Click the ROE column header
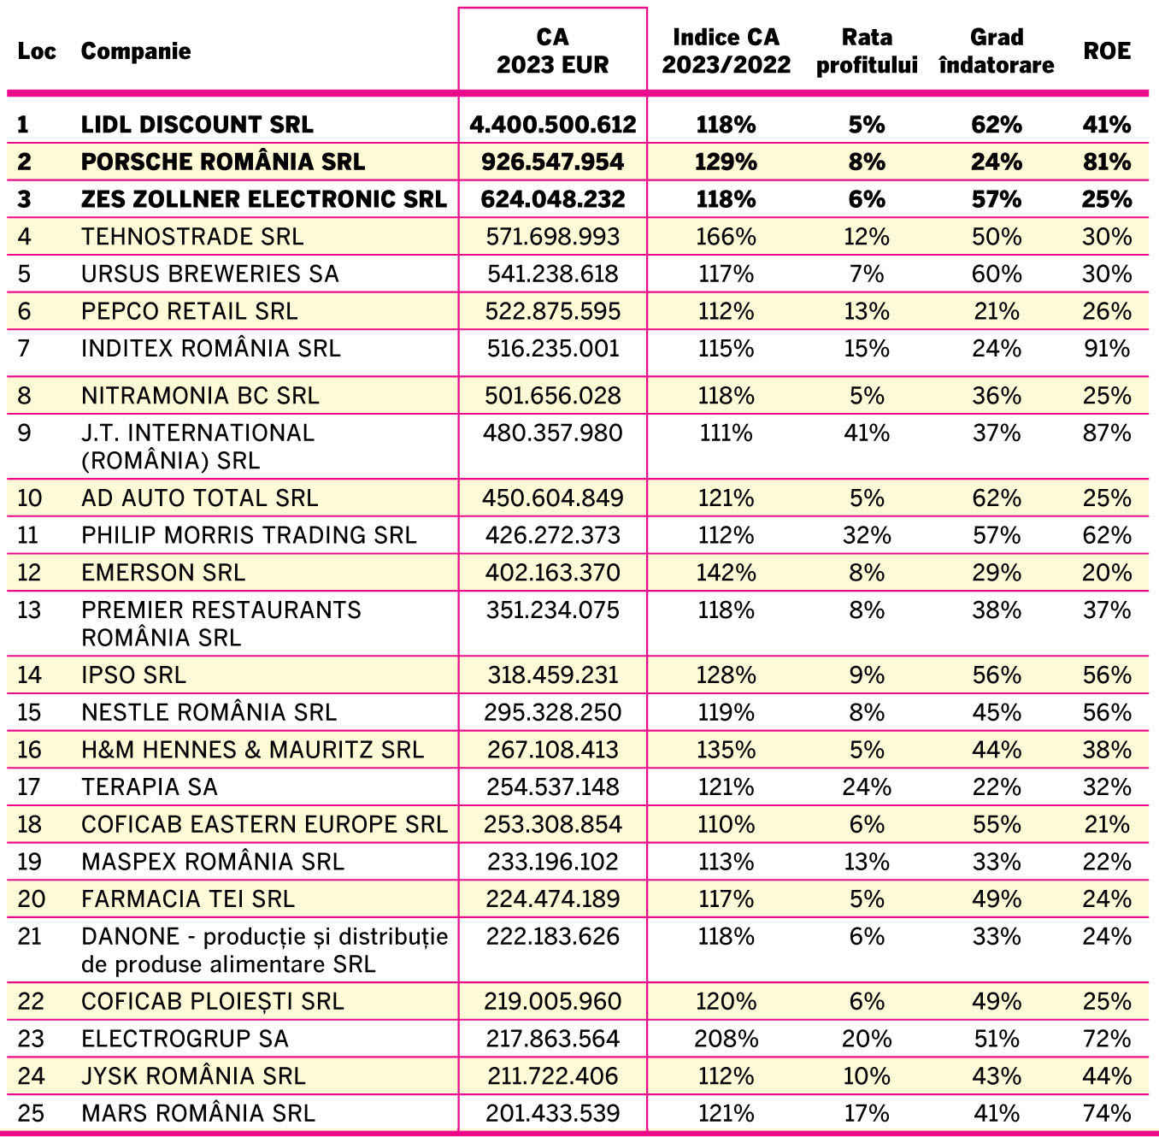coord(1107,51)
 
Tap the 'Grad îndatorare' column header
coord(997,51)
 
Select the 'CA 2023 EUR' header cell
coord(552,51)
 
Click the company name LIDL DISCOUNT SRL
coord(197,125)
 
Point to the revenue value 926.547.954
coord(552,162)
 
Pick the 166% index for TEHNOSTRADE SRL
coord(726,237)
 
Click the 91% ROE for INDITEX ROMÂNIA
coord(1107,349)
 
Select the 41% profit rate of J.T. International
coord(867,433)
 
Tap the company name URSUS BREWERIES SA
coord(210,274)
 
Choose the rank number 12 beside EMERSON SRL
coord(29,573)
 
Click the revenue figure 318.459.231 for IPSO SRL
coord(553,675)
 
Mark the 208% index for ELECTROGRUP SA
coord(726,1040)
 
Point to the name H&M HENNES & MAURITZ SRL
coord(252,750)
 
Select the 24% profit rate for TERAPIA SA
coord(867,787)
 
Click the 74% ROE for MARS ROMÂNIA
coord(1107,1114)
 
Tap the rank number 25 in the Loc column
coord(31,1114)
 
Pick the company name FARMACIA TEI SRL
coord(188,899)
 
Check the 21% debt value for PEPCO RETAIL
coord(997,311)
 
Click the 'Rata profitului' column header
coord(867,51)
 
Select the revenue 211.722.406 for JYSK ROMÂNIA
coord(553,1076)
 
